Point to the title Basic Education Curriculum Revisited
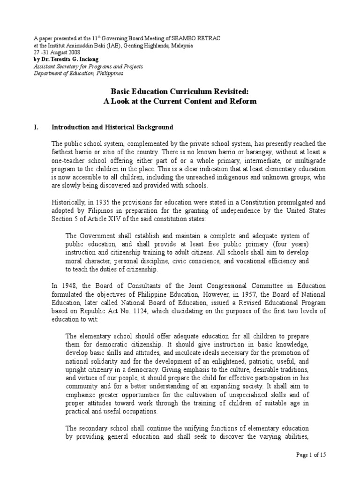tap(180, 93)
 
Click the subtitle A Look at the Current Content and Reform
tap(180, 102)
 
